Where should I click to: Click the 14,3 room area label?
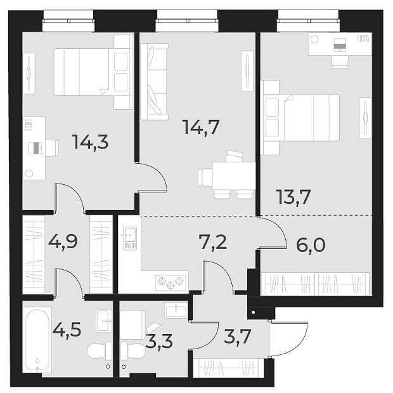coord(90,142)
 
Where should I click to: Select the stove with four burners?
coord(171,282)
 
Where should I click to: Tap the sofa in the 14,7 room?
coord(153,81)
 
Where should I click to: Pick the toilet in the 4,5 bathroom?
coord(99,352)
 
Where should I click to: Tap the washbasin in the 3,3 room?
coord(175,310)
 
